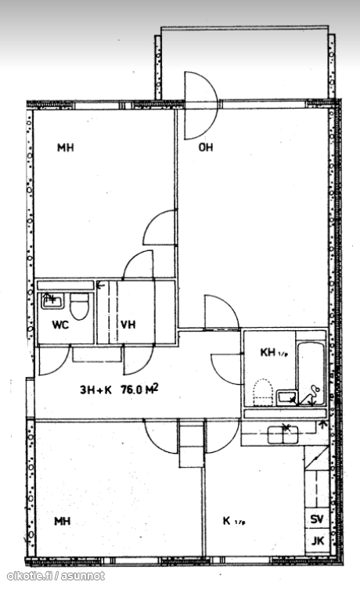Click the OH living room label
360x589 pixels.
coord(206,147)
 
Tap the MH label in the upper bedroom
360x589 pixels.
coord(66,148)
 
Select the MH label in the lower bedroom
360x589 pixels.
coord(63,521)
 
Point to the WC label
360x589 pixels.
coord(60,325)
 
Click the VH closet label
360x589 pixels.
coord(128,324)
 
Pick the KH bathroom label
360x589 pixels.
coord(268,352)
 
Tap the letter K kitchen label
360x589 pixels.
coord(226,521)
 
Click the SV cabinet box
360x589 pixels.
coord(317,519)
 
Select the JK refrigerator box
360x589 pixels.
coord(317,541)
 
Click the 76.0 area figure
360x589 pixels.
coord(131,390)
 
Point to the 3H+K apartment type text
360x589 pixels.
coord(96,390)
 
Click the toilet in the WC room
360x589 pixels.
coord(79,306)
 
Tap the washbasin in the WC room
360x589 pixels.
coord(52,301)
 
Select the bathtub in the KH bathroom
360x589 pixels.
coord(311,374)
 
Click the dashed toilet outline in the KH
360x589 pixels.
coord(263,393)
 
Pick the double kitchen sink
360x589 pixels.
coord(283,435)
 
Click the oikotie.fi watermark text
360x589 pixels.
coord(56,576)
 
